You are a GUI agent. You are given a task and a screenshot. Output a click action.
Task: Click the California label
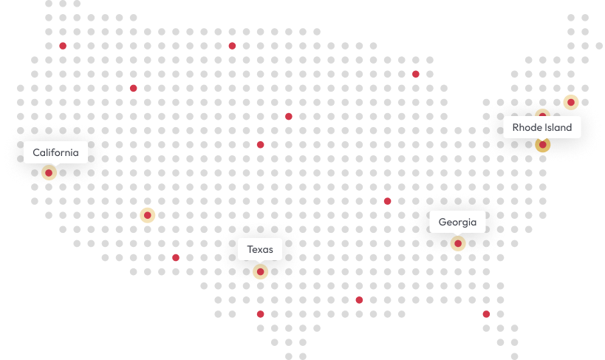(55, 153)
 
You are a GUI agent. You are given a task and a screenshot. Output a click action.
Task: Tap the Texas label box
(260, 250)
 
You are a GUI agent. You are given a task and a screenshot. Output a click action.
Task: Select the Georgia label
(457, 222)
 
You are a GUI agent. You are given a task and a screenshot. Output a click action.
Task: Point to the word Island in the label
(558, 128)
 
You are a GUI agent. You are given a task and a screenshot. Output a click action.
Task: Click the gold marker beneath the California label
(49, 173)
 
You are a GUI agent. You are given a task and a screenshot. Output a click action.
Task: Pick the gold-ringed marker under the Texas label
(260, 272)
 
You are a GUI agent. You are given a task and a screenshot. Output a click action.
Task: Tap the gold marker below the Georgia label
(458, 243)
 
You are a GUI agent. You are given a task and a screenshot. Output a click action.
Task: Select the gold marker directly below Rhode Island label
(543, 145)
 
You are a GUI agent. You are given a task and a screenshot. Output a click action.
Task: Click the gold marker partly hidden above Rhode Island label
(542, 114)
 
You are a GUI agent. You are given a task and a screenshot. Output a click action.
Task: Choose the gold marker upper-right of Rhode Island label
(570, 102)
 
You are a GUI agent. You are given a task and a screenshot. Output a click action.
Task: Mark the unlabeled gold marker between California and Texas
(148, 215)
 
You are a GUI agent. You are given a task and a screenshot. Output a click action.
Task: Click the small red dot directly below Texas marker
(260, 314)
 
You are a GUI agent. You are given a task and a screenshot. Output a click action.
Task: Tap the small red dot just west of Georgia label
(387, 201)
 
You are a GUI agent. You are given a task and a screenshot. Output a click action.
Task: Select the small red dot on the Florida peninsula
(486, 314)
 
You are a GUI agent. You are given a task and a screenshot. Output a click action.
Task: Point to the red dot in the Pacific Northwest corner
(63, 46)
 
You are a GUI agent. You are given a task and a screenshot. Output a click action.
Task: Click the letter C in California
(36, 153)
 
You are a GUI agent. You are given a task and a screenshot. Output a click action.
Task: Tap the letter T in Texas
(250, 250)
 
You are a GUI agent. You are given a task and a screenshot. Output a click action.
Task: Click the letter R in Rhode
(516, 128)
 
